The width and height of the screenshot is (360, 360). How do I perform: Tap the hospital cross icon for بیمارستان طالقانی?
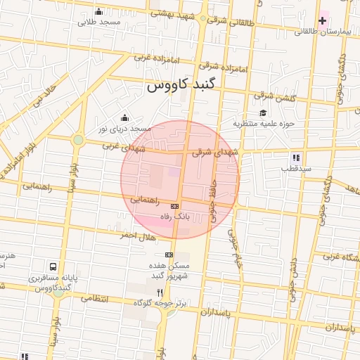(x=322, y=21)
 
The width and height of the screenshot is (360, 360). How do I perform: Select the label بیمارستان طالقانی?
(x=323, y=32)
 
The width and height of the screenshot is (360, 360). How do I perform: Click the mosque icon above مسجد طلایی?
(x=98, y=11)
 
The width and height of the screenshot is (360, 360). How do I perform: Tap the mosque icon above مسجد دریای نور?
(x=124, y=117)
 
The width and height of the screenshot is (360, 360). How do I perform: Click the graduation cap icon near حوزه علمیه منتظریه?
(x=263, y=112)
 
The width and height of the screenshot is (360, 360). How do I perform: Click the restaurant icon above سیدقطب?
(x=296, y=158)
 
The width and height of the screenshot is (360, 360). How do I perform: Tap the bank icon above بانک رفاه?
(x=174, y=205)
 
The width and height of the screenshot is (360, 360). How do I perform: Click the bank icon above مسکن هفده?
(x=169, y=254)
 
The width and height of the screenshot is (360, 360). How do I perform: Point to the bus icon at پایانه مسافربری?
(x=53, y=267)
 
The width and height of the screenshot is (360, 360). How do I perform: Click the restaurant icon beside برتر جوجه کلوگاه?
(x=160, y=292)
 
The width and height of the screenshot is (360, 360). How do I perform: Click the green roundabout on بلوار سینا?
(x=78, y=140)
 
